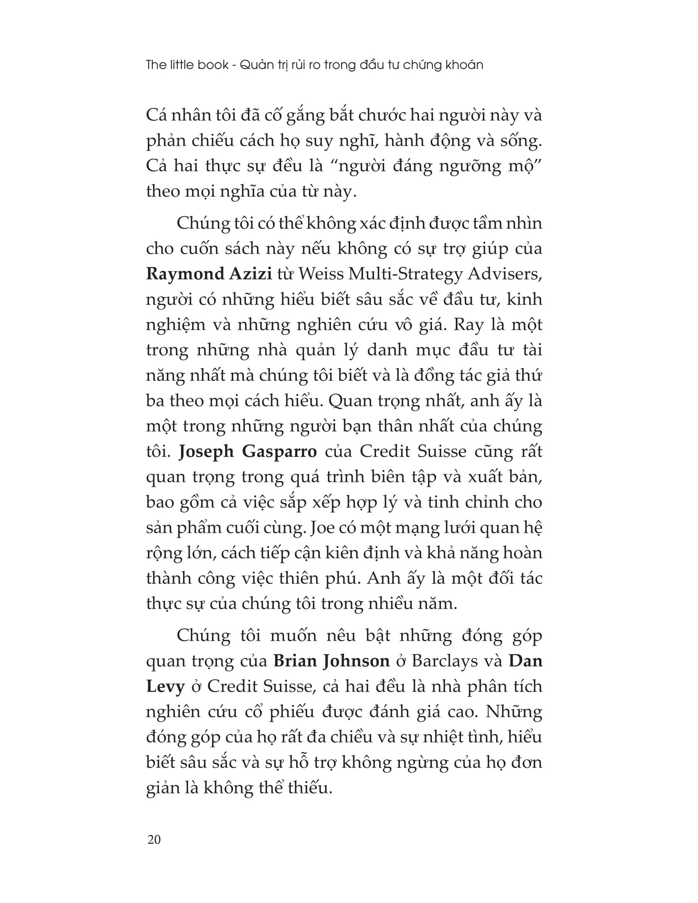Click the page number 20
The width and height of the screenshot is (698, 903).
click(154, 839)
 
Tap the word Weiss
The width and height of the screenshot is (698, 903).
click(321, 275)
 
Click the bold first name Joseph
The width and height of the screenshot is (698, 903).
click(207, 452)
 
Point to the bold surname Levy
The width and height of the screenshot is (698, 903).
click(165, 687)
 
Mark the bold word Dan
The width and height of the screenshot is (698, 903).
click(525, 661)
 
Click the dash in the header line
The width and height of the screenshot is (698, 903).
click(234, 66)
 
